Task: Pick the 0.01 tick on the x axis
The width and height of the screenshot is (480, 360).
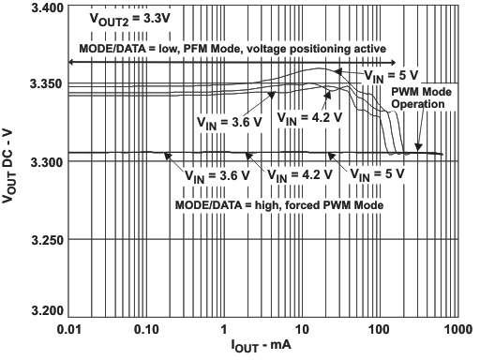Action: click(x=68, y=330)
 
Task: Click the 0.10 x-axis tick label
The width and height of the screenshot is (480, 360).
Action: click(x=146, y=330)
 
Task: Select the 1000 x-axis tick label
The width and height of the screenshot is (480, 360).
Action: click(x=457, y=330)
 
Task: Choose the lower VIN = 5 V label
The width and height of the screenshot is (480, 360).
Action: click(x=377, y=174)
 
